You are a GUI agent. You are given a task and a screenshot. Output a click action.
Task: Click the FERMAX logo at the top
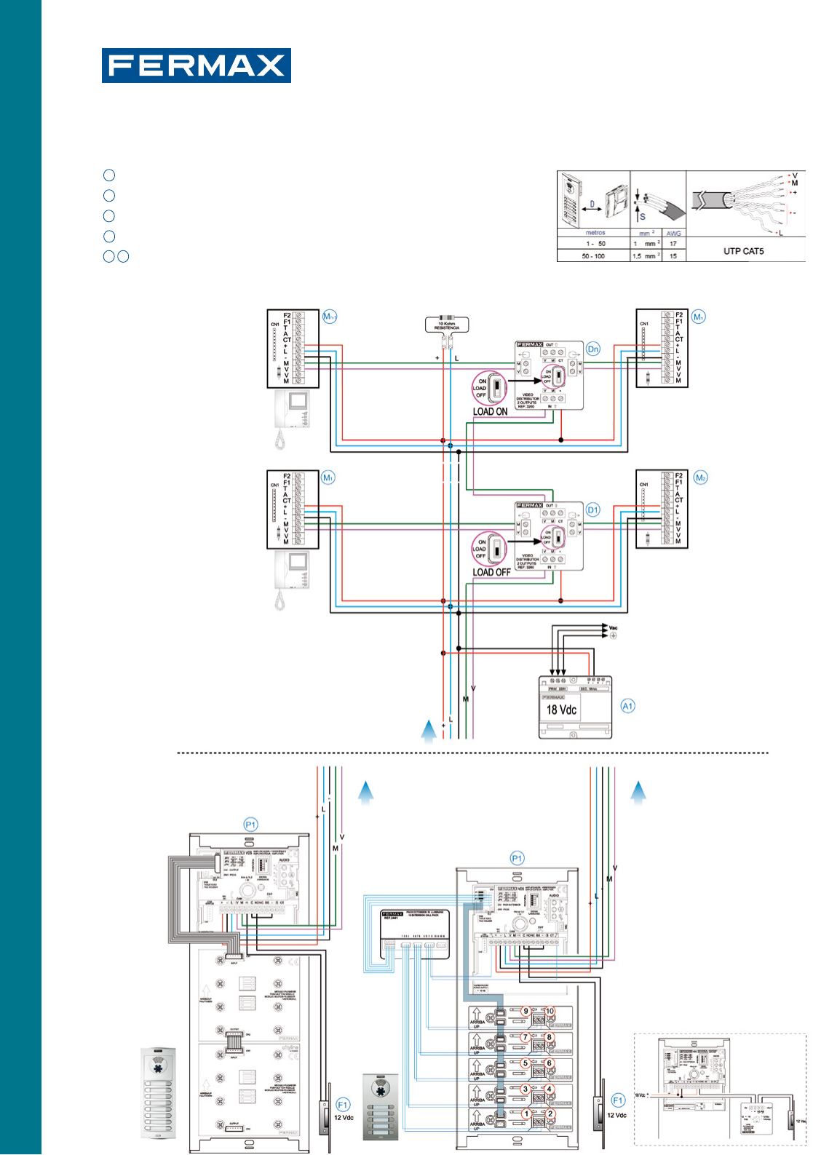coord(196,66)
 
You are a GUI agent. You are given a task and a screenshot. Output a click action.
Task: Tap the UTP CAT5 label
coord(743,251)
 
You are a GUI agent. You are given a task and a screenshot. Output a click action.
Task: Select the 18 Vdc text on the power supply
coord(561,710)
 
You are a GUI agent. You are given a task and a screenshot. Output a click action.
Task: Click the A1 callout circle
coord(627,706)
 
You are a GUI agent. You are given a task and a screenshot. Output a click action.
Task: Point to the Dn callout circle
coord(593,349)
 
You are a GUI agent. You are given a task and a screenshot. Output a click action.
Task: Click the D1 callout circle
coord(593,510)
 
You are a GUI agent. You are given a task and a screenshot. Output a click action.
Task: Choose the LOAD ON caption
coord(490,412)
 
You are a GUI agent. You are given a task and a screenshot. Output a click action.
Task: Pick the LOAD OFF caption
coord(491,573)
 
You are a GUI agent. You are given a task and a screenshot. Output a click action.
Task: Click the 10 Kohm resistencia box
coord(447,325)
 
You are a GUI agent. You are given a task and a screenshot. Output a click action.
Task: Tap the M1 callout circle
coord(328,478)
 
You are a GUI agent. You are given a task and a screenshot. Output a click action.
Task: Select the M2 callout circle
coord(700,478)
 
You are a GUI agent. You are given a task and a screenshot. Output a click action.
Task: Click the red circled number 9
coord(526,1011)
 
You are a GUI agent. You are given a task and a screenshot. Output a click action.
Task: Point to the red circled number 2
coord(550,1114)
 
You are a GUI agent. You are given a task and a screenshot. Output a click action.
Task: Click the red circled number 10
coord(550,1011)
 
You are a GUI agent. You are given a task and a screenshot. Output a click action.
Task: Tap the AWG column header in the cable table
coord(673,234)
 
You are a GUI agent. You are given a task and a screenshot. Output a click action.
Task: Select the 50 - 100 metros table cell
coord(593,256)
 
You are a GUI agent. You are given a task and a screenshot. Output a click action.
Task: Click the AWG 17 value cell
coord(673,244)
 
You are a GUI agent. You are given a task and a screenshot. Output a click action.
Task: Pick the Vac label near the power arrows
coord(613,628)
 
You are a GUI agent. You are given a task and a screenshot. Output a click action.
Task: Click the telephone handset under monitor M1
coord(281,600)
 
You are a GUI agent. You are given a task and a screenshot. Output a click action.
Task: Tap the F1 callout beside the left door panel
coord(343,1105)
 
